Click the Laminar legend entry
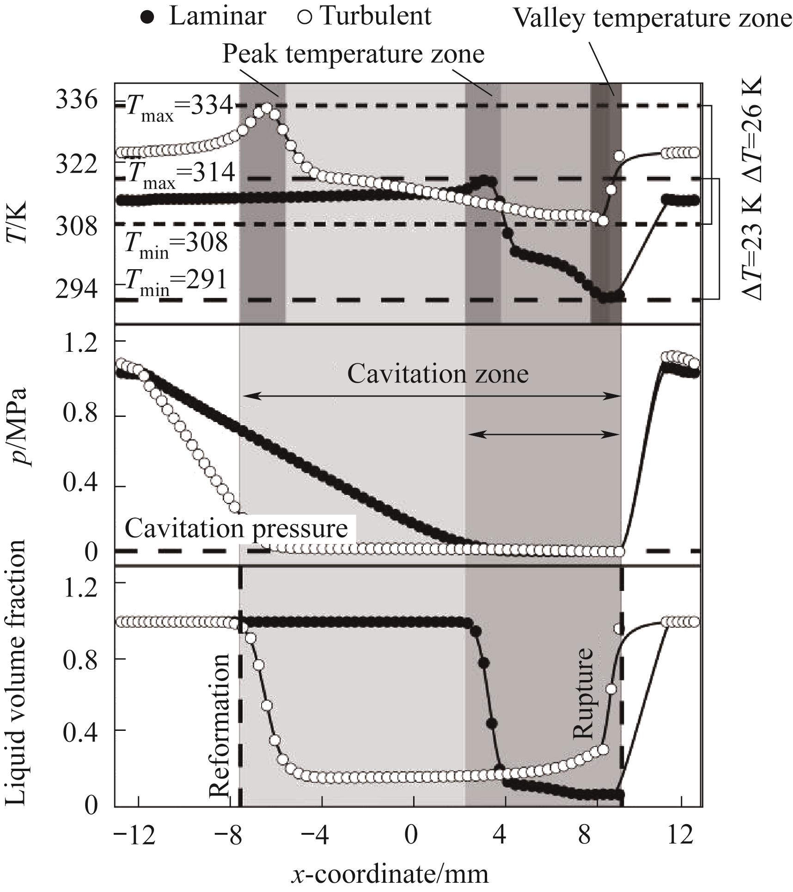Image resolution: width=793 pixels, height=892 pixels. (x=203, y=16)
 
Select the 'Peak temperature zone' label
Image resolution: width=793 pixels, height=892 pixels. (x=354, y=54)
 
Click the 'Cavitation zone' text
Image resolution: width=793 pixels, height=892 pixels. (x=438, y=374)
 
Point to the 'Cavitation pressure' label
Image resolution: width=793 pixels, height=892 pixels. (x=236, y=529)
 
